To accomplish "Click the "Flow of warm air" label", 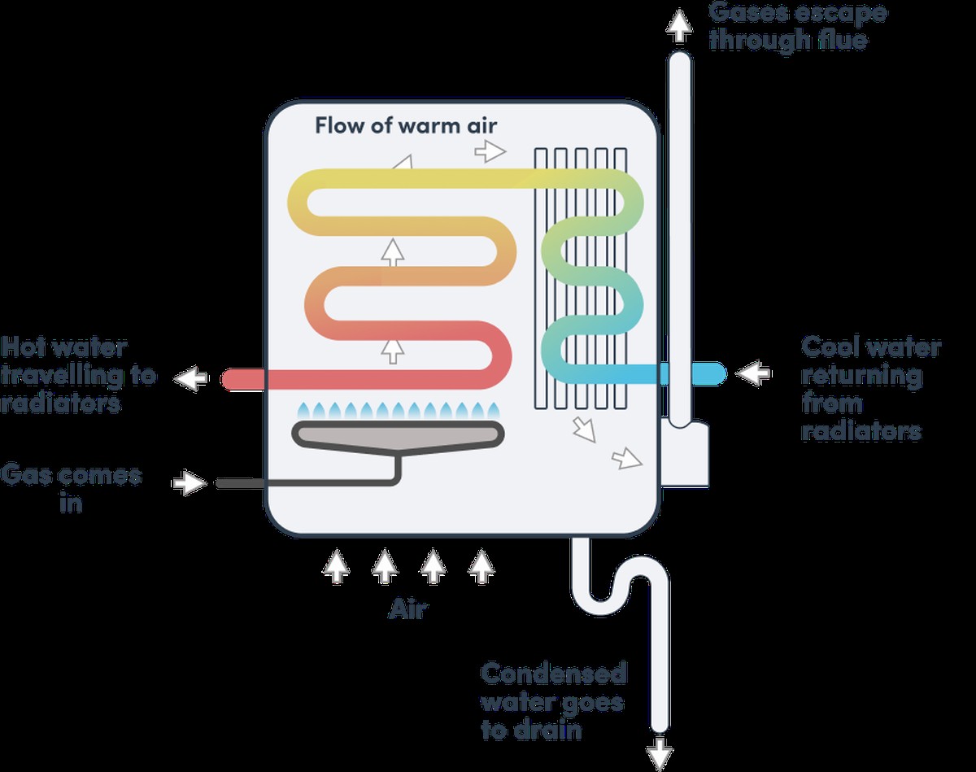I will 405,126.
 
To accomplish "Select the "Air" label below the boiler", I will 407,609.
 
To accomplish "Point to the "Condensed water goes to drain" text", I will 554,700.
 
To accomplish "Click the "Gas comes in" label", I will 72,488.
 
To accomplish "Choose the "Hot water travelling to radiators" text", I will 78,375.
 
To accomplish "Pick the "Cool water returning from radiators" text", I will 870,388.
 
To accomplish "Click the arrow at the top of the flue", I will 677,27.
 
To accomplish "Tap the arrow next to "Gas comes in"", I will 190,483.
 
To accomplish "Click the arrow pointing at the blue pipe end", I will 753,373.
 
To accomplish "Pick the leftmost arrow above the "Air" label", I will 335,566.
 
